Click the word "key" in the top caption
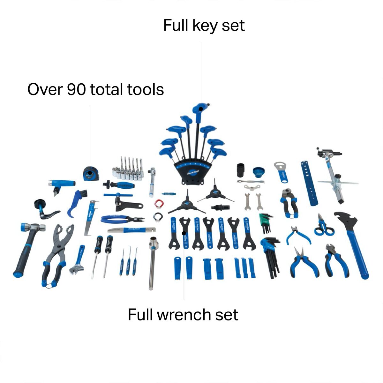(x=204, y=26)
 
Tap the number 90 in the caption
(x=76, y=89)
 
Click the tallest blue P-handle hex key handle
(x=200, y=109)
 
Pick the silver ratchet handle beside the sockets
(x=152, y=182)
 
